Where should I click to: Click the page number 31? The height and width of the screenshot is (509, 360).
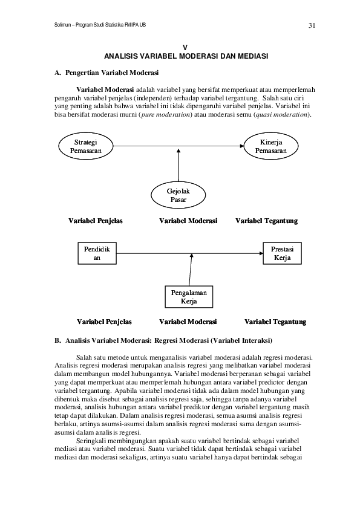click(312, 25)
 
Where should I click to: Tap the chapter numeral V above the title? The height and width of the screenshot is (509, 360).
click(186, 47)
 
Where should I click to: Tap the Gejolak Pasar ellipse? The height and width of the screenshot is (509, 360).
click(178, 195)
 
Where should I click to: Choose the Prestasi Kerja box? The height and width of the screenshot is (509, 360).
click(282, 253)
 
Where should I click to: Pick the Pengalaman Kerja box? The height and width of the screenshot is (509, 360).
click(189, 297)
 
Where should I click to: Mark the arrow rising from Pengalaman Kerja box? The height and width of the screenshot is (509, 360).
click(191, 269)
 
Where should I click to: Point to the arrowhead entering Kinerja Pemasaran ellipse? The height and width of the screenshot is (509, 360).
click(241, 145)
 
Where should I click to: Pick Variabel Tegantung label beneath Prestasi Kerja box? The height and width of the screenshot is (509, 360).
click(275, 322)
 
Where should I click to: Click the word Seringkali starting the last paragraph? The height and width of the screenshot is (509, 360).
click(93, 441)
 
